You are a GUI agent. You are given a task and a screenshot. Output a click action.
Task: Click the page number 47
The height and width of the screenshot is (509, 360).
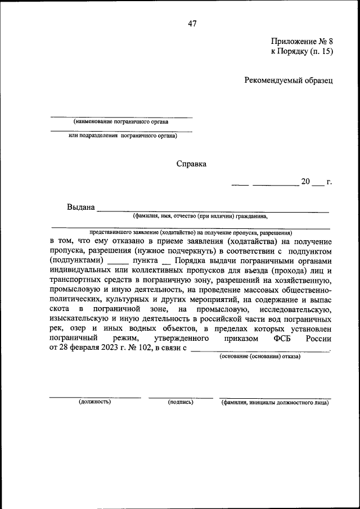pyautogui.click(x=191, y=24)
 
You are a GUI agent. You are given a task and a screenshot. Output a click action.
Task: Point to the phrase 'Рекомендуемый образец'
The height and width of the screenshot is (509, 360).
pyautogui.click(x=289, y=80)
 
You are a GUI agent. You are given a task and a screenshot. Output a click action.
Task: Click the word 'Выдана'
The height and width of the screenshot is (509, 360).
pyautogui.click(x=80, y=207)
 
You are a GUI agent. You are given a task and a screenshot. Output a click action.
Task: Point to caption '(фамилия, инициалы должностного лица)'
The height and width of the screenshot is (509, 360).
pyautogui.click(x=275, y=402)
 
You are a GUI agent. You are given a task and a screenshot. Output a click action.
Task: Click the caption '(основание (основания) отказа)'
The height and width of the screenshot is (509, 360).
pyautogui.click(x=259, y=356)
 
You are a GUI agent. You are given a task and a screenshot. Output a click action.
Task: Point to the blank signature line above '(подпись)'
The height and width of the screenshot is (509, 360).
pyautogui.click(x=181, y=397)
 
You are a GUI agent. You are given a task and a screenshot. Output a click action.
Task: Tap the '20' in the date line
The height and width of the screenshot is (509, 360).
pyautogui.click(x=305, y=182)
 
